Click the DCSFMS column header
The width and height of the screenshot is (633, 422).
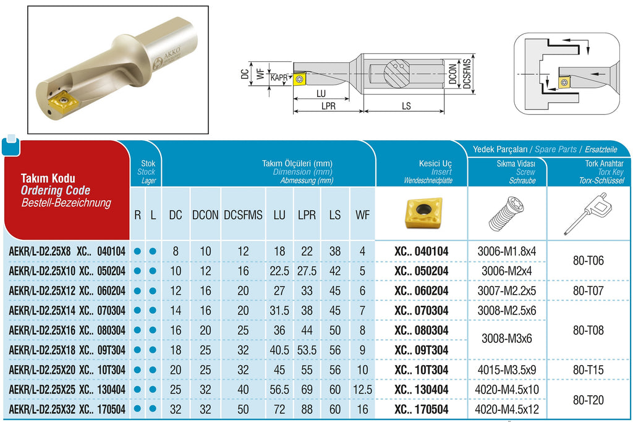point(243,215)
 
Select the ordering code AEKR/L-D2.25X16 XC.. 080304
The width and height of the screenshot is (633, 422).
point(67,331)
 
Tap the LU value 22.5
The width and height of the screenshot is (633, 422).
point(279,271)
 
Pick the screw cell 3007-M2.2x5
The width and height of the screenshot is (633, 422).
point(507,291)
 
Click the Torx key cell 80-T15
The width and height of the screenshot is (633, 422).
point(588,370)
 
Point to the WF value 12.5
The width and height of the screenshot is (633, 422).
point(362,390)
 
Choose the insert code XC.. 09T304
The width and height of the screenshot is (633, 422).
point(422,350)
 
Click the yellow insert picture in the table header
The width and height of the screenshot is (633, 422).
point(423,212)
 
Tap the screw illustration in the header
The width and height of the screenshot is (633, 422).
point(507,214)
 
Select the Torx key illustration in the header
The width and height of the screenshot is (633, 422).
point(588,214)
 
